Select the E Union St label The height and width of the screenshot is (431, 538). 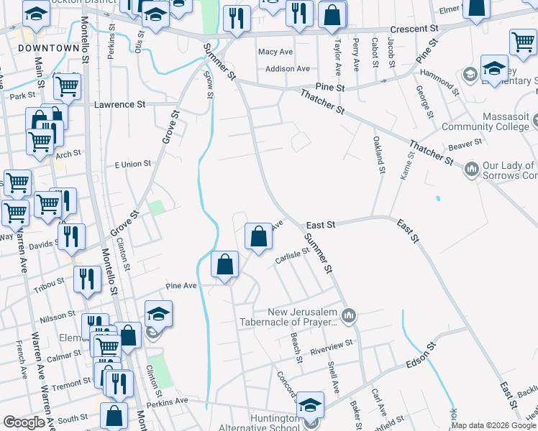click(x=132, y=164)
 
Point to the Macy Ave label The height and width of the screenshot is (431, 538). click(x=275, y=52)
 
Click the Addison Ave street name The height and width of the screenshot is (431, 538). click(x=287, y=69)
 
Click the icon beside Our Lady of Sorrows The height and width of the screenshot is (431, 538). click(x=472, y=169)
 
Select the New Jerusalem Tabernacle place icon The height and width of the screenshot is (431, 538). click(x=349, y=314)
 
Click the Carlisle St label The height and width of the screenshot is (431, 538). click(x=291, y=256)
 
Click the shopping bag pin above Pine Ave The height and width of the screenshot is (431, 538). click(x=225, y=264)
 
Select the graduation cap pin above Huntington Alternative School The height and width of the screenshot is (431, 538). click(x=311, y=407)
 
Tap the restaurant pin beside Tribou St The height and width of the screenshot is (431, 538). click(x=86, y=279)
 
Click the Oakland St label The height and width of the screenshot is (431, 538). click(x=378, y=155)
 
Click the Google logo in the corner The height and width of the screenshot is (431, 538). click(x=24, y=422)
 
